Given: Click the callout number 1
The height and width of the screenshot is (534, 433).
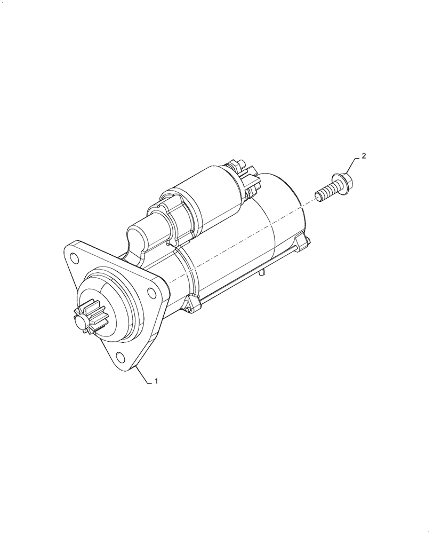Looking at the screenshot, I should point(156,381).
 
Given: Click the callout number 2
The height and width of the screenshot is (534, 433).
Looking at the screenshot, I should point(364,156).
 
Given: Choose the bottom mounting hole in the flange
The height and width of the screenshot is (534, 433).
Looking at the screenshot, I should point(120,358).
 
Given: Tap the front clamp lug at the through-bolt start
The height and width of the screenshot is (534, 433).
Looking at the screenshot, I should point(193,304).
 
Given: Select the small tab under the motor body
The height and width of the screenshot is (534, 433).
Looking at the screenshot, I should point(262,273).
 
